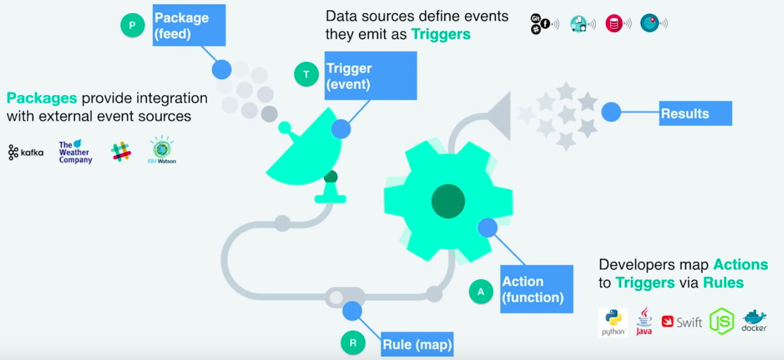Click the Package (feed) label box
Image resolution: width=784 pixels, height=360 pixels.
pyautogui.click(x=189, y=25)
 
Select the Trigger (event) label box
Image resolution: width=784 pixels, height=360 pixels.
pyautogui.click(x=370, y=76)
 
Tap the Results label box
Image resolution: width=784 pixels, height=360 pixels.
pyautogui.click(x=695, y=113)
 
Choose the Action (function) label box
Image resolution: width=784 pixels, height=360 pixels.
pyautogui.click(x=536, y=289)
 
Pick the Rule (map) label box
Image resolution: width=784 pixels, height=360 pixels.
pyautogui.click(x=417, y=343)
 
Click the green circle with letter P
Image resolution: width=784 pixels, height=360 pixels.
pyautogui.click(x=133, y=25)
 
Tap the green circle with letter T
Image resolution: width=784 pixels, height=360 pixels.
pyautogui.click(x=306, y=74)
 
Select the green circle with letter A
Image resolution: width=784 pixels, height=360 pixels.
pyautogui.click(x=480, y=291)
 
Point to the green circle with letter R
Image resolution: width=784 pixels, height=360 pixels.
pyautogui.click(x=353, y=343)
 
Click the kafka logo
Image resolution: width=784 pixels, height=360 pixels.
pyautogui.click(x=26, y=153)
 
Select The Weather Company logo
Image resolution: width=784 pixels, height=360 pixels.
pyautogui.click(x=75, y=152)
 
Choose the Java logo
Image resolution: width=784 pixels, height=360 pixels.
pyautogui.click(x=644, y=321)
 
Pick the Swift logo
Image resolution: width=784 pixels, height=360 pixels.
pyautogui.click(x=681, y=322)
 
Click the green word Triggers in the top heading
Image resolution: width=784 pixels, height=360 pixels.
pyautogui.click(x=440, y=34)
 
